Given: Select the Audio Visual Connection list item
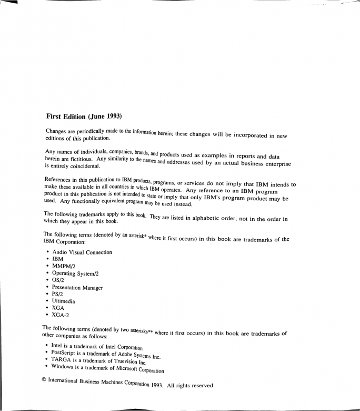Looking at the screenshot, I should (82, 252).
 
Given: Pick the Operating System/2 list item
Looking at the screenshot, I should (78, 273).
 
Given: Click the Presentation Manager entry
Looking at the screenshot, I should (77, 288).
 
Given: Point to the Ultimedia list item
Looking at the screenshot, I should (64, 302).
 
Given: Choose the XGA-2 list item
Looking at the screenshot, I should (61, 316).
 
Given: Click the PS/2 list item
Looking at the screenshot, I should (59, 295).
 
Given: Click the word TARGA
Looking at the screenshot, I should (63, 359).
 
